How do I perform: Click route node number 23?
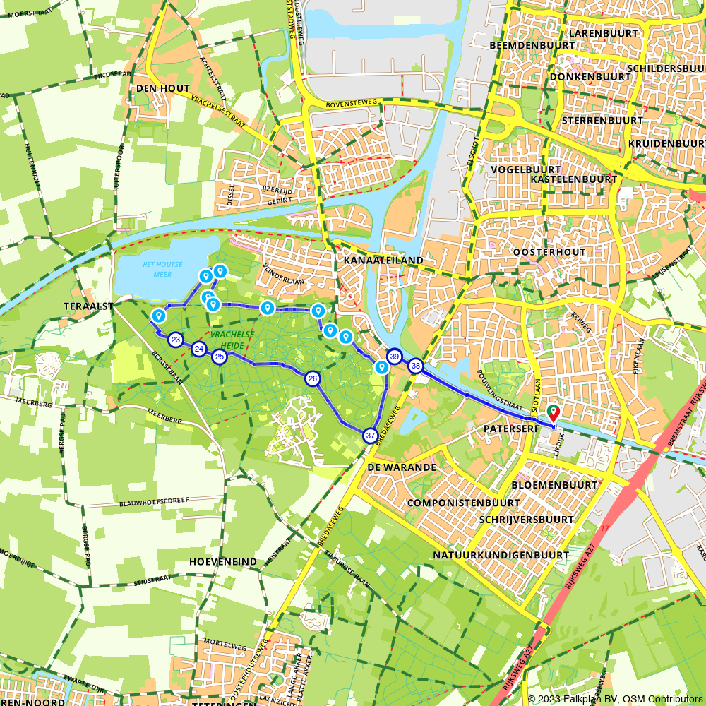pos(176,340)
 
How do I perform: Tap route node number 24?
pos(199,349)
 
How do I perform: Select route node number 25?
pos(220,357)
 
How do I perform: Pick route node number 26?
pos(313,379)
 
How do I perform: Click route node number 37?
pos(370,436)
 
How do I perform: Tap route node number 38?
pos(415,366)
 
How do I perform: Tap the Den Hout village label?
pos(163,88)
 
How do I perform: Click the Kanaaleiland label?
pos(383,261)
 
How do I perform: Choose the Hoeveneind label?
pos(223,561)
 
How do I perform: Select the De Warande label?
pos(402,467)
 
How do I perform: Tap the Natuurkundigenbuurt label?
pos(501,555)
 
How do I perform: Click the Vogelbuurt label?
pos(525,169)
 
